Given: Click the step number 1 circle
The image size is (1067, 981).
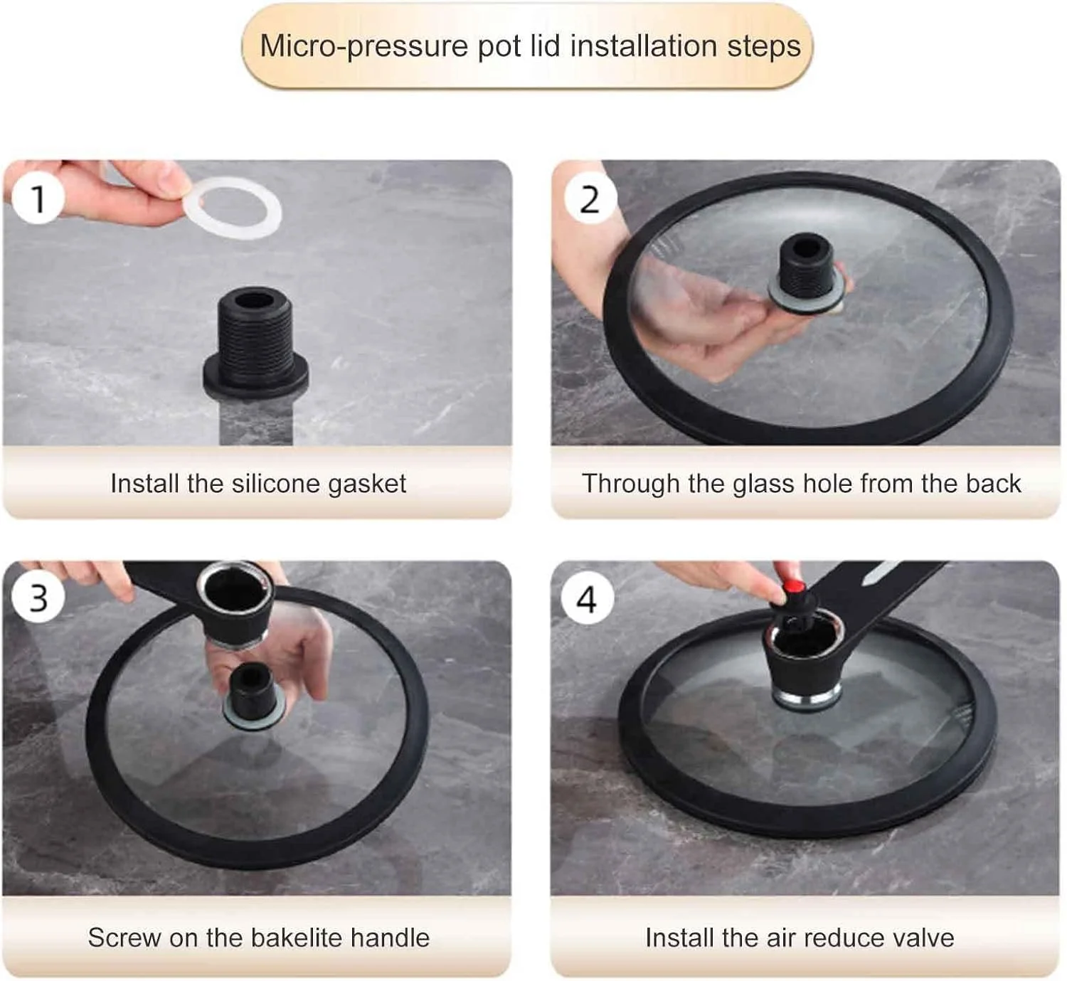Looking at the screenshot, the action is click(x=38, y=198).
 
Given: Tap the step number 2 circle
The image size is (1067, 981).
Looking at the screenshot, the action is click(x=590, y=199).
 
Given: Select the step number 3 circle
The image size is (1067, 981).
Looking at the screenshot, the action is click(x=38, y=598).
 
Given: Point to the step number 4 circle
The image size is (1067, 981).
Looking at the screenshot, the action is click(x=588, y=599).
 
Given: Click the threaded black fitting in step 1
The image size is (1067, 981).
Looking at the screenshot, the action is click(x=255, y=342).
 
